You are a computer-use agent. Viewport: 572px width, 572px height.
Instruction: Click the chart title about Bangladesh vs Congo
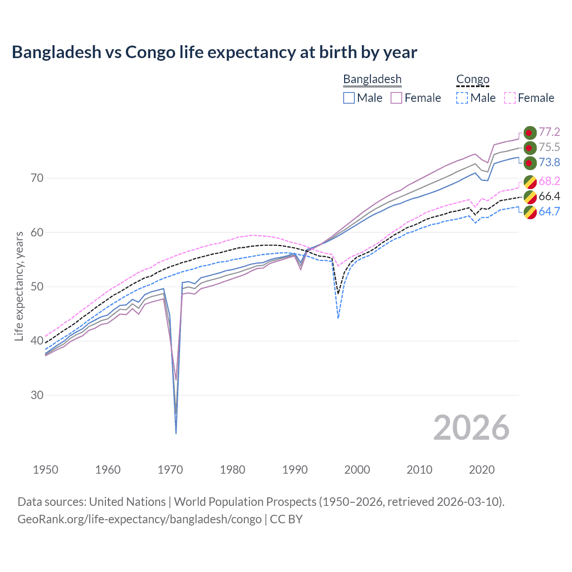pyautogui.click(x=214, y=52)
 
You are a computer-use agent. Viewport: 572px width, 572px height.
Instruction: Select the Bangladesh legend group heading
pyautogui.click(x=372, y=79)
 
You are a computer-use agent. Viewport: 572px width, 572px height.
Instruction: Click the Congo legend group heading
pyautogui.click(x=473, y=79)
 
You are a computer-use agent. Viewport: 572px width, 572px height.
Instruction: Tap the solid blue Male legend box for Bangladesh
pyautogui.click(x=349, y=98)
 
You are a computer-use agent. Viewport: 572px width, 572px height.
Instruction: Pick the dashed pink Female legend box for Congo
pyautogui.click(x=510, y=98)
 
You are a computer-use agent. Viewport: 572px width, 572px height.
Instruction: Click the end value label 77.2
pyautogui.click(x=549, y=132)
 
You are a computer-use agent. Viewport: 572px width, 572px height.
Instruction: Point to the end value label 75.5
pyautogui.click(x=549, y=147)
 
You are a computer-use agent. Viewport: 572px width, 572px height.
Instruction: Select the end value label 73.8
pyautogui.click(x=549, y=162)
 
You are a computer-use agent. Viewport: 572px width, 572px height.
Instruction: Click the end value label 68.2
pyautogui.click(x=549, y=181)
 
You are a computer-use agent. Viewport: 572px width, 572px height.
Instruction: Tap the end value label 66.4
pyautogui.click(x=549, y=196)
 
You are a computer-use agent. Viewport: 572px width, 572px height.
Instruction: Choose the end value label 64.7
pyautogui.click(x=549, y=211)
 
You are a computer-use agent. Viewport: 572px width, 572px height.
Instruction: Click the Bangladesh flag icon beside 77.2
pyautogui.click(x=530, y=133)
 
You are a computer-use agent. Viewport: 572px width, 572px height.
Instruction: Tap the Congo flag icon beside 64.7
pyautogui.click(x=530, y=212)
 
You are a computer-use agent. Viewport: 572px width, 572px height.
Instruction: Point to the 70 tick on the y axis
pyautogui.click(x=37, y=178)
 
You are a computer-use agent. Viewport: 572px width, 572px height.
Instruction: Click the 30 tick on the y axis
pyautogui.click(x=37, y=395)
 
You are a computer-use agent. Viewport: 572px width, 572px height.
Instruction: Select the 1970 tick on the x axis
pyautogui.click(x=170, y=470)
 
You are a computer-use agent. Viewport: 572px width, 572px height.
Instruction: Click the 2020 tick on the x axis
pyautogui.click(x=482, y=470)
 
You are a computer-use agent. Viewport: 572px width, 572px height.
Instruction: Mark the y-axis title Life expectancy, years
pyautogui.click(x=19, y=286)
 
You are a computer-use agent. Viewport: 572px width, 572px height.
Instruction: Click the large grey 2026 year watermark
pyautogui.click(x=471, y=428)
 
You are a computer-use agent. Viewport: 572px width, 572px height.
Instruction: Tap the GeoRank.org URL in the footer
pyautogui.click(x=139, y=519)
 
